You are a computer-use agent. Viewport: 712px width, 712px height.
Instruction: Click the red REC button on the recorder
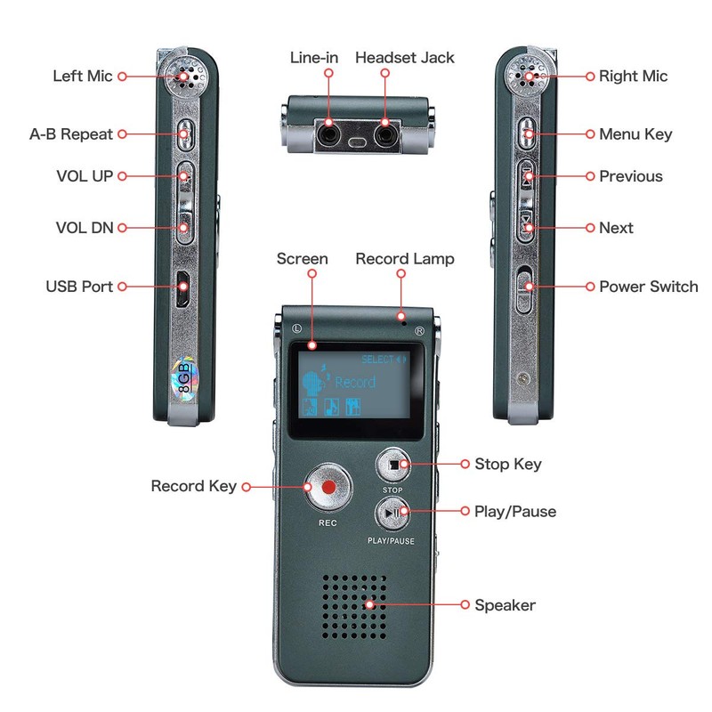(x=327, y=487)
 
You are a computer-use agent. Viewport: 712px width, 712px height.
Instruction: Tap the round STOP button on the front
(x=392, y=465)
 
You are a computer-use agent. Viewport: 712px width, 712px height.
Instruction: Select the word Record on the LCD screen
(x=354, y=383)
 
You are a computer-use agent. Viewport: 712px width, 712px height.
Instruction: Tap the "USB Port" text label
(x=79, y=287)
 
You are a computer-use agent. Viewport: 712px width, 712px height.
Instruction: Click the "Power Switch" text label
(x=648, y=287)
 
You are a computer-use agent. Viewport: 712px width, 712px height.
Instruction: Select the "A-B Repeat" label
(x=71, y=134)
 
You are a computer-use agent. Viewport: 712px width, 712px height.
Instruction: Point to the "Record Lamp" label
(x=405, y=259)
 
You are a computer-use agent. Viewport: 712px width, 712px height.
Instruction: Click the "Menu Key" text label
(x=635, y=134)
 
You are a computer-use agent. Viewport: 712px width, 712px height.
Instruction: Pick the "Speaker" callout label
(x=505, y=605)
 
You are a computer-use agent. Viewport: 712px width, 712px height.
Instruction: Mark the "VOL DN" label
(x=85, y=228)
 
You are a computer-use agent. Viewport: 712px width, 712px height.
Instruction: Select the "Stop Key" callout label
(x=508, y=464)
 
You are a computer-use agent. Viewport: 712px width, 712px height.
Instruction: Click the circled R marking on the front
(x=420, y=331)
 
